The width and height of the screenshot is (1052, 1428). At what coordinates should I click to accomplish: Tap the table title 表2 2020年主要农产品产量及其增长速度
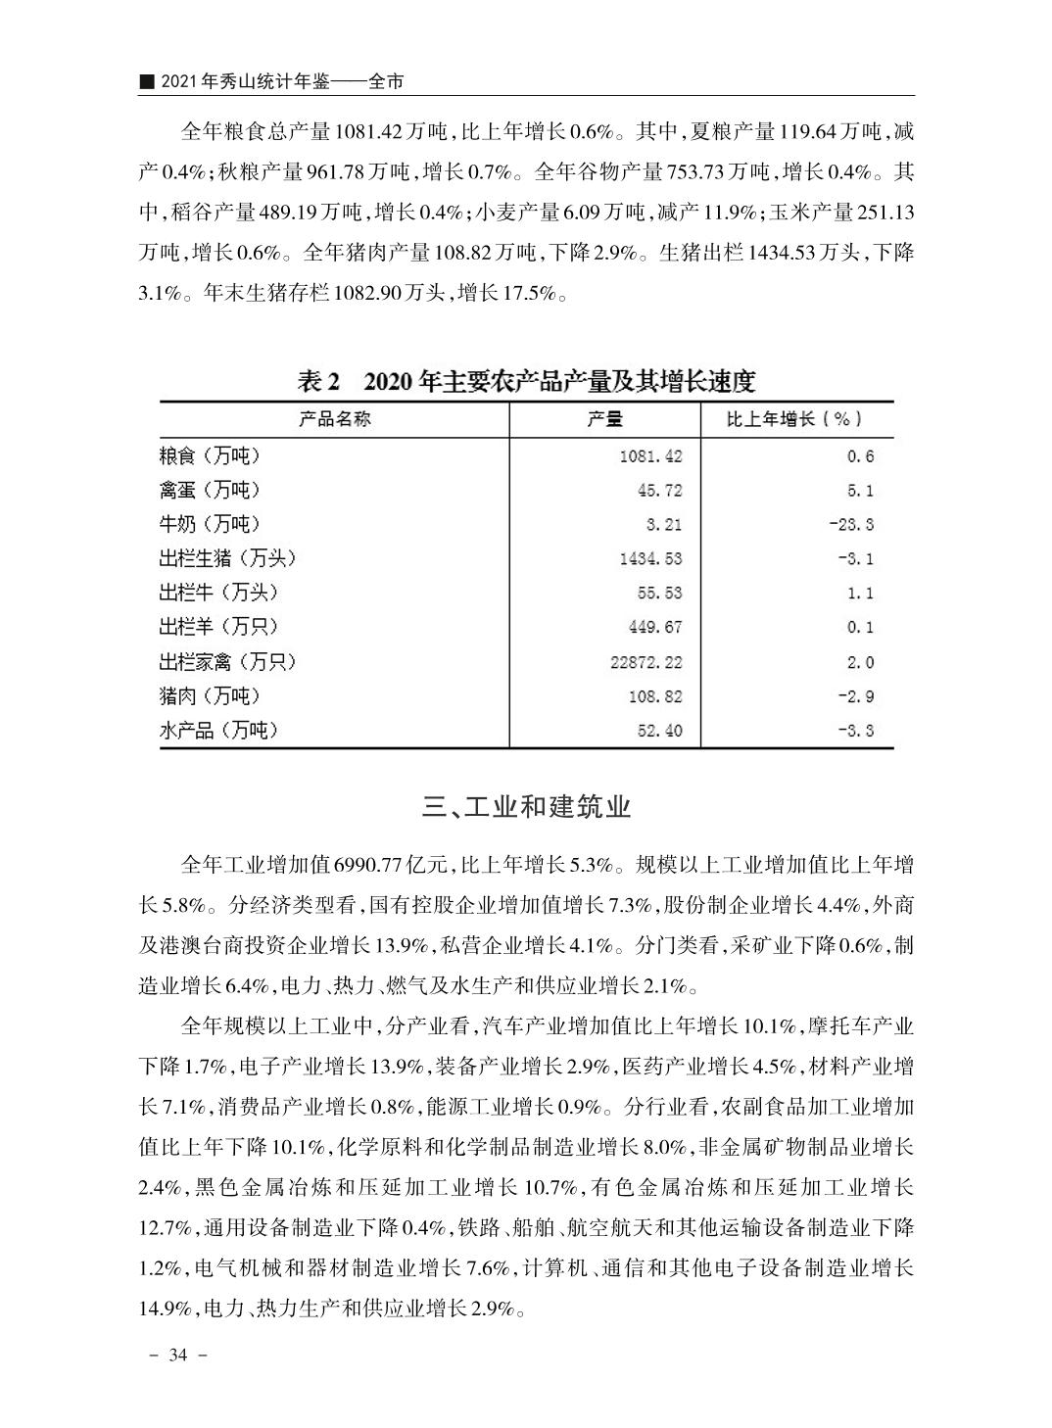click(526, 381)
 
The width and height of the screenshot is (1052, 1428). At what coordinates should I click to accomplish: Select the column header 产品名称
click(335, 420)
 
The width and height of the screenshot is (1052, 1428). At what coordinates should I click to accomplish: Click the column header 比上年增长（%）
click(794, 420)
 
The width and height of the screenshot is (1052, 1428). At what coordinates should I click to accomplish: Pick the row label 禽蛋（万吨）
click(210, 490)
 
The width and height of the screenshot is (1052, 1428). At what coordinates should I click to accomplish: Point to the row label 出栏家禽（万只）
click(227, 662)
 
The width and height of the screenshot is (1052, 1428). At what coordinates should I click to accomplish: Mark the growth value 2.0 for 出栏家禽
click(860, 663)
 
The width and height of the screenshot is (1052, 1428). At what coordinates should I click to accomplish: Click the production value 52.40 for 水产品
click(659, 731)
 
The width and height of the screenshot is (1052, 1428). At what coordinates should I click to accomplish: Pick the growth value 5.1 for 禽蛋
click(860, 491)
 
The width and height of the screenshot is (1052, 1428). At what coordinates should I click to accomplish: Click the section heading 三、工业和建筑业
click(526, 807)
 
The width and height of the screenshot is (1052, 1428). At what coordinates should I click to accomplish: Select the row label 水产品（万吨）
click(218, 731)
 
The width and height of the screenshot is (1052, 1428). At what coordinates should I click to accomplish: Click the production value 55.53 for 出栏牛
click(659, 594)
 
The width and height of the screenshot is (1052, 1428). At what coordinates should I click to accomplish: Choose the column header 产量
click(604, 420)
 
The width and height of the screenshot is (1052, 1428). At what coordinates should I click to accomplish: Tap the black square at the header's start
click(146, 82)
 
